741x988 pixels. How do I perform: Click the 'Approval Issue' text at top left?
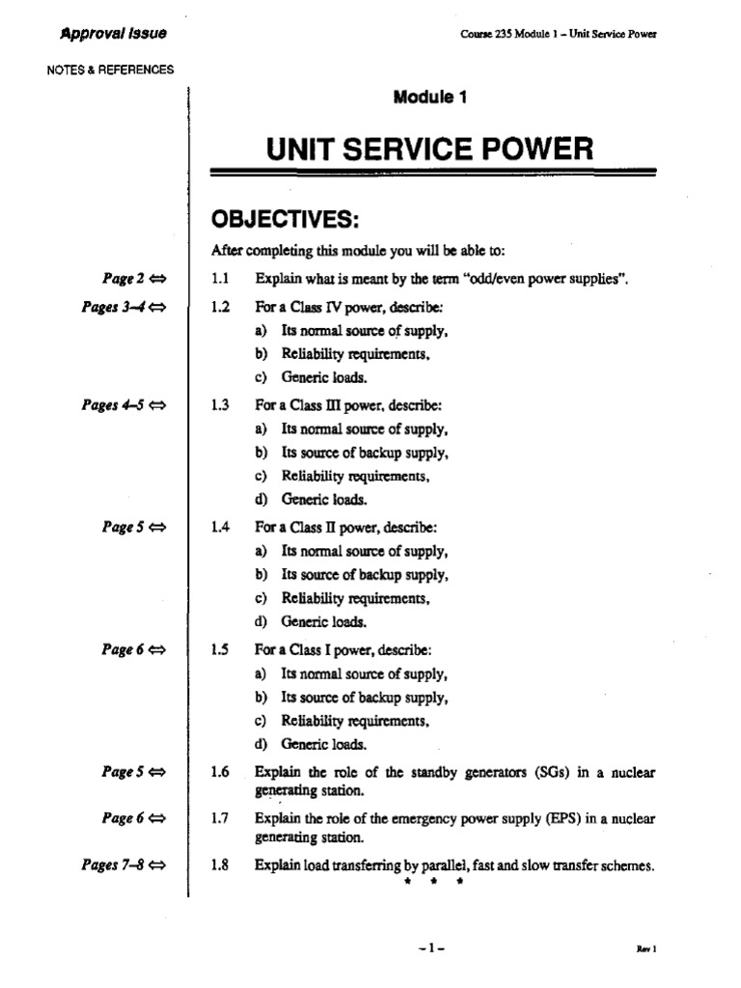coord(113,34)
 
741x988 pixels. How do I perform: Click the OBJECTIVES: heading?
coord(285,222)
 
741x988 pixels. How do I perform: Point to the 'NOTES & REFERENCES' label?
coord(110,69)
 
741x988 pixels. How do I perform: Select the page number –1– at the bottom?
coord(432,948)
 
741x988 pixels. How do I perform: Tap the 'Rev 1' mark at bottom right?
coord(645,949)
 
